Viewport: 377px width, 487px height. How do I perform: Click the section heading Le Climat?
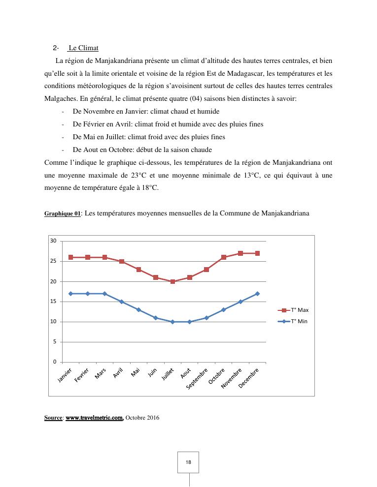(83, 48)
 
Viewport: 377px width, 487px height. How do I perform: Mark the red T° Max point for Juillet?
(172, 281)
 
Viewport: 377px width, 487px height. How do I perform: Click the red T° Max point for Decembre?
(257, 253)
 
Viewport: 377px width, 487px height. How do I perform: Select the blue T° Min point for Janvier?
(71, 294)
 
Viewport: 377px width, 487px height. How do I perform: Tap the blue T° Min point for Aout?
(189, 322)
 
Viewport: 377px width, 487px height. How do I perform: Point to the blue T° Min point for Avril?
(122, 302)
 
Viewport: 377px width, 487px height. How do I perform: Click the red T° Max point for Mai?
(138, 270)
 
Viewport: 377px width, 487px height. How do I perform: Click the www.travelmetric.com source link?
(94, 418)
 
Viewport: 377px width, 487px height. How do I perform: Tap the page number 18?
(188, 462)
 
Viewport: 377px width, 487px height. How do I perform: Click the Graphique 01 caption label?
(62, 214)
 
